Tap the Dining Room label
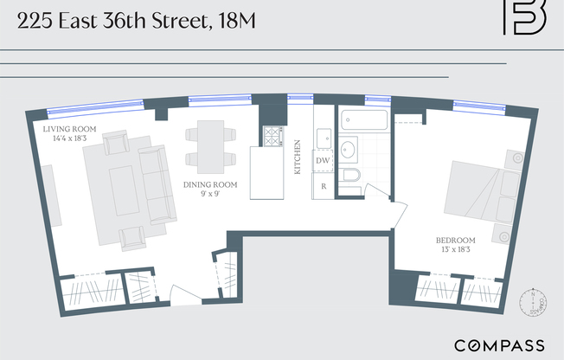click(x=209, y=184)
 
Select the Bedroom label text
click(x=456, y=240)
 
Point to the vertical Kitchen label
click(x=297, y=157)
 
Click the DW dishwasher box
click(x=323, y=161)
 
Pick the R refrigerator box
click(x=323, y=186)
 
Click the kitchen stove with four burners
click(x=272, y=136)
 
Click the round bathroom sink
click(x=349, y=150)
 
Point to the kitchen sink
click(x=323, y=138)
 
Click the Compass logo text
click(x=499, y=343)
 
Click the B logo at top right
click(x=524, y=17)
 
